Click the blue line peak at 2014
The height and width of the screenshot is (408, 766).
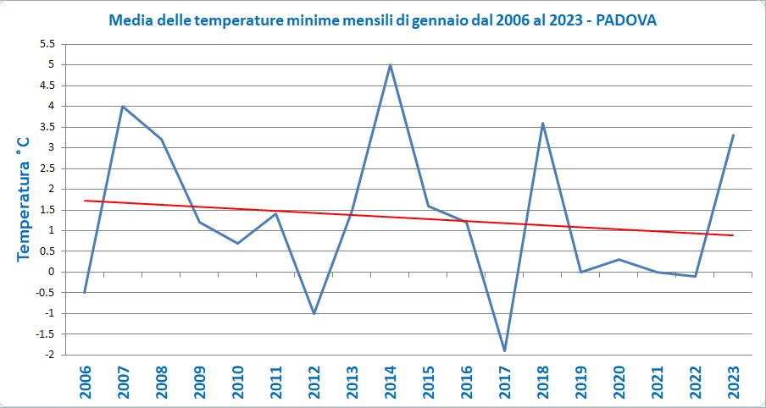click(x=390, y=64)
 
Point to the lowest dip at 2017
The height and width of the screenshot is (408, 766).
click(x=504, y=350)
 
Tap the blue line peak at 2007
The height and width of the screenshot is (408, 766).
click(x=123, y=106)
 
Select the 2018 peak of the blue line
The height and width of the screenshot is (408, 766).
click(x=542, y=123)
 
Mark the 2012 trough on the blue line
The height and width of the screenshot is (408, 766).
click(x=314, y=313)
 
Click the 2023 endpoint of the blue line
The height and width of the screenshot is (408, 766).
click(x=733, y=135)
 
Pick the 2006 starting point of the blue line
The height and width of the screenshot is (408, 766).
click(x=85, y=293)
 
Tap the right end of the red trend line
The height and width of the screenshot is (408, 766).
click(x=733, y=235)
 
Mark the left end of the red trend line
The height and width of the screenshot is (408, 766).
click(x=86, y=201)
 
